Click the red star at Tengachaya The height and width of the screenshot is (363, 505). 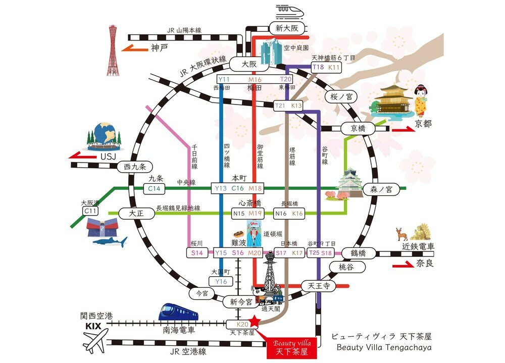click(254, 321)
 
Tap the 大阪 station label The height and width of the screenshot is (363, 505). click(249, 64)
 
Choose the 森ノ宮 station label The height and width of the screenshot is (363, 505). click(385, 189)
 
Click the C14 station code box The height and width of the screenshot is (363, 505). click(155, 188)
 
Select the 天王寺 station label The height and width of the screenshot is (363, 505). click(319, 286)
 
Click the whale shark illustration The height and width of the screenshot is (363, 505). click(110, 242)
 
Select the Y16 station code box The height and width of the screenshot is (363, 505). click(221, 281)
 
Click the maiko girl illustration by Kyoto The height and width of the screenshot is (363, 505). click(420, 101)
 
